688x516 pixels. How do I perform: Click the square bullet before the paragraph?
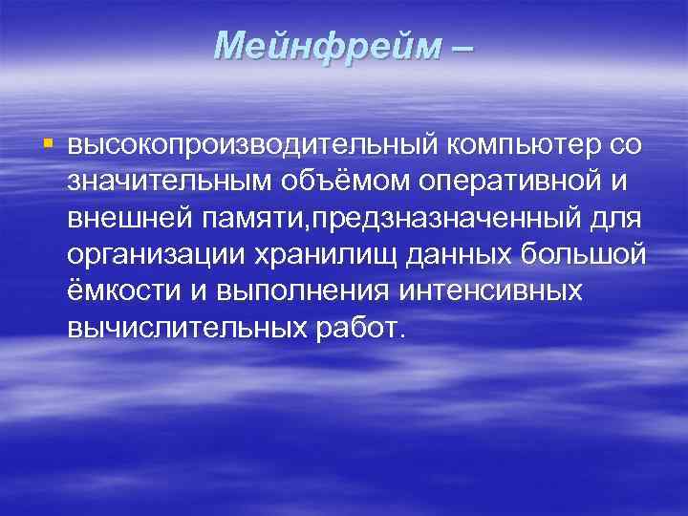click(48, 144)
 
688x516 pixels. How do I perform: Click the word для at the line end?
click(616, 218)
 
